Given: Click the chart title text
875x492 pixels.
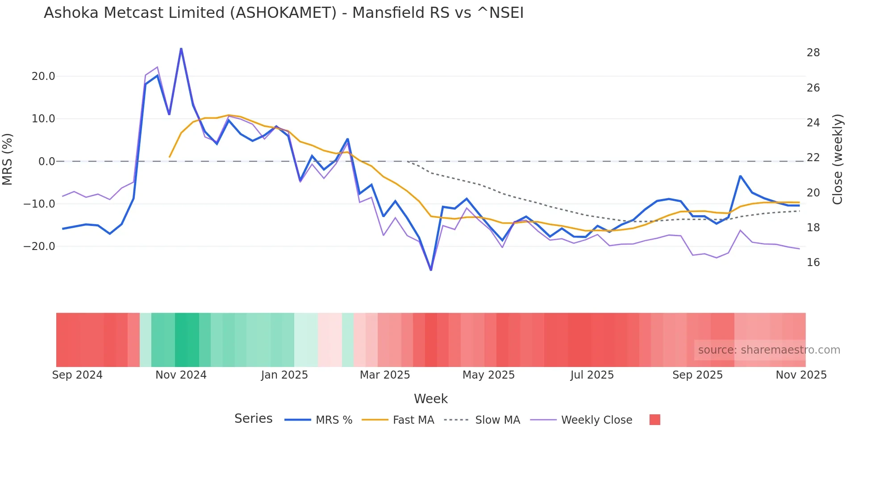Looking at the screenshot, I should (283, 13).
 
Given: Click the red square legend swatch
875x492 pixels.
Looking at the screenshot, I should (654, 420).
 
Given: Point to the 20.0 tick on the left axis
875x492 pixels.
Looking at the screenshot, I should (43, 76).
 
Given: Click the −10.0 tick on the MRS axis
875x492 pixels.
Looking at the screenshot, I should (39, 204).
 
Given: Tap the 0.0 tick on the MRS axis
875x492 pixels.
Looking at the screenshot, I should (46, 162).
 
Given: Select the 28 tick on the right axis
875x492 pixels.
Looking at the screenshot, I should (813, 53).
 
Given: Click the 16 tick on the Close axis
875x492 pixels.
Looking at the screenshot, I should (813, 263).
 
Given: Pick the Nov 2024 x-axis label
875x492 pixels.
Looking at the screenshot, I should (181, 375).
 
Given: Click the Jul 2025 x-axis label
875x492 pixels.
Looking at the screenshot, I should (592, 375).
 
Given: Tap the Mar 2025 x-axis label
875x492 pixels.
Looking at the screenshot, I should (385, 375).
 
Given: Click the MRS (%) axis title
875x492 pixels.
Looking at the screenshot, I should (8, 159).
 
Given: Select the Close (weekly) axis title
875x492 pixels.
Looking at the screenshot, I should (837, 159).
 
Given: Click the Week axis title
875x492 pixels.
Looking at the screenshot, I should (430, 399).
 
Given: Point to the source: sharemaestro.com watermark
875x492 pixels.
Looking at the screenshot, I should (769, 350).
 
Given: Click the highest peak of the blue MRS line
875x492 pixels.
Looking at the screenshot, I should (181, 48).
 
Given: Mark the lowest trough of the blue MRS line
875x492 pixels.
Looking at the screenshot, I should (431, 270).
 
